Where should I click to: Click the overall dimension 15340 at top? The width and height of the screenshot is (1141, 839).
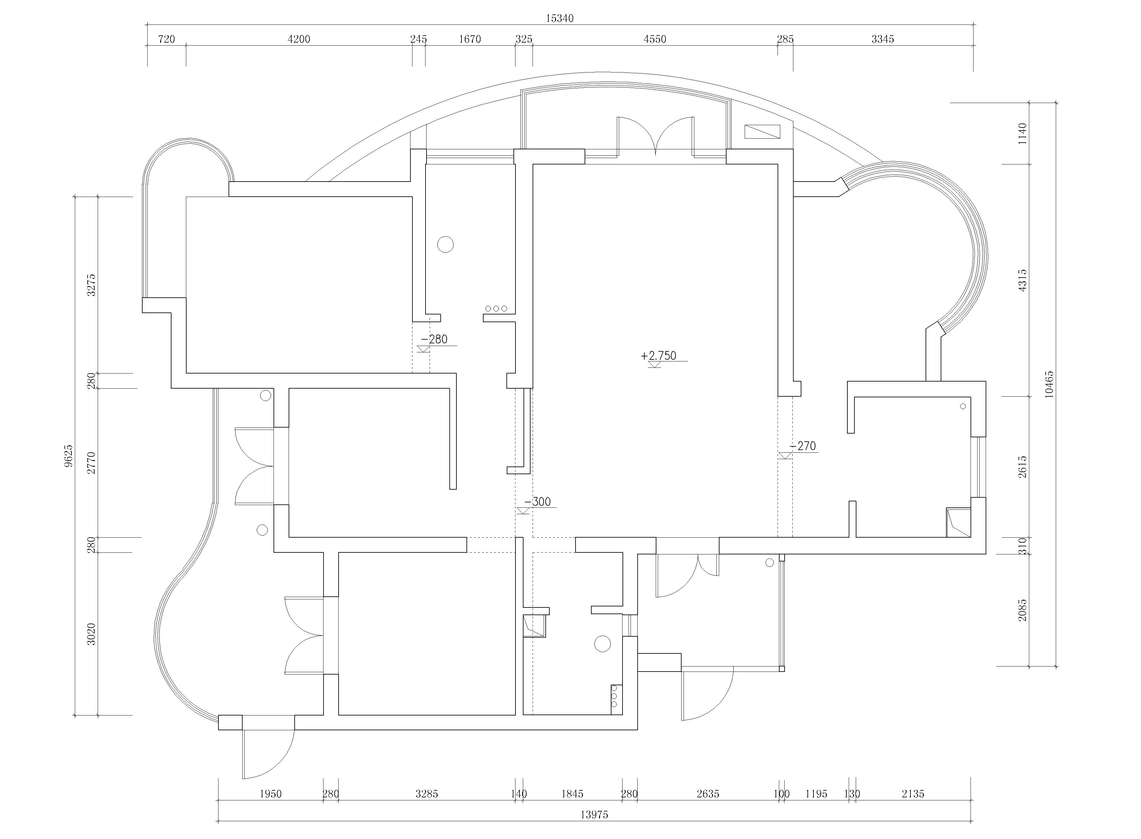[559, 18]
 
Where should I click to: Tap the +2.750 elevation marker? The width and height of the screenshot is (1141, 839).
[659, 355]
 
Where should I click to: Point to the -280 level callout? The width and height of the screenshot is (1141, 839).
[434, 339]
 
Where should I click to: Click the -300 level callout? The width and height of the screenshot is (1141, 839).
[537, 502]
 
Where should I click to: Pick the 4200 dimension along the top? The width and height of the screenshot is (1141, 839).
[299, 39]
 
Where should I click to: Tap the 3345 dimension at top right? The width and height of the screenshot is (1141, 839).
[883, 39]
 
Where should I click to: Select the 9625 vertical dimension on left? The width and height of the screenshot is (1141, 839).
[69, 455]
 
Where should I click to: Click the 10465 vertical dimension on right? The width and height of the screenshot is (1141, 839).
[1049, 385]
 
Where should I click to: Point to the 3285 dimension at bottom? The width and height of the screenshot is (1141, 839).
[427, 794]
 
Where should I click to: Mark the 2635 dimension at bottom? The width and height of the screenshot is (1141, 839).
[708, 794]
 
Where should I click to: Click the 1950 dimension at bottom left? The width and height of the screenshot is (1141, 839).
[270, 794]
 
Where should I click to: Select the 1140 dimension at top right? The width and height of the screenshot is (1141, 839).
[1023, 134]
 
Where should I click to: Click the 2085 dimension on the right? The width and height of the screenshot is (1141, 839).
[1023, 609]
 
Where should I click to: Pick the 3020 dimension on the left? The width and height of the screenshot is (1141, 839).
[91, 634]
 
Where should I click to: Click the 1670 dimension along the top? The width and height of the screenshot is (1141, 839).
[470, 39]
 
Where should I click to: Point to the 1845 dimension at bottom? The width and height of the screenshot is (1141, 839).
[572, 794]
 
